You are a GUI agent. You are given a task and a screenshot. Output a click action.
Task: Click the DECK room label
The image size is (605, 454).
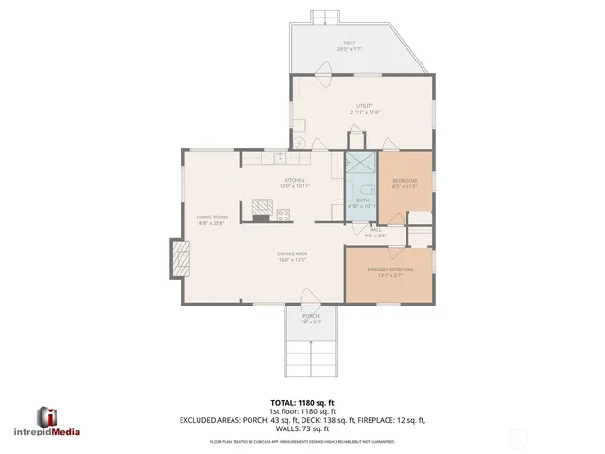(x=349, y=43)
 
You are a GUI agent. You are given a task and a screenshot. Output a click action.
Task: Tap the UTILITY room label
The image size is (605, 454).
(x=364, y=105)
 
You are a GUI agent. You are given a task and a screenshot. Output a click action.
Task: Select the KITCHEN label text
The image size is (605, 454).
(x=295, y=180)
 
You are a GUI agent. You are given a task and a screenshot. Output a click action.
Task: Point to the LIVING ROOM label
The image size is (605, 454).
(x=212, y=218)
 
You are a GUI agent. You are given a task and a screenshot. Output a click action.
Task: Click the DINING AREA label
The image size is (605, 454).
(x=292, y=253)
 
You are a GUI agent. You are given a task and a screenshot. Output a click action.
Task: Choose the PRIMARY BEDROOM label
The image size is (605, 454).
(x=389, y=270)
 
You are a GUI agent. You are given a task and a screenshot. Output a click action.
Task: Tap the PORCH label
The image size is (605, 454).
(x=310, y=315)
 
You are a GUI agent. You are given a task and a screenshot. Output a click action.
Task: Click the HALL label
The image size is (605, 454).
(x=375, y=229)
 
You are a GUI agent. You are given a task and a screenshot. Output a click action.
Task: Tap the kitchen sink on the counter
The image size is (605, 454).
(x=279, y=156)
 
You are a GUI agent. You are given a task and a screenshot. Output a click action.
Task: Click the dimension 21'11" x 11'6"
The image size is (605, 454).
(x=364, y=112)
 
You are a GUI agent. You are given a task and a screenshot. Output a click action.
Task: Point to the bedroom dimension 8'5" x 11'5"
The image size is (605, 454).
(x=405, y=186)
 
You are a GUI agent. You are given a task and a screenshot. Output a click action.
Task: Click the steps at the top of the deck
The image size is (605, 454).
(x=326, y=16)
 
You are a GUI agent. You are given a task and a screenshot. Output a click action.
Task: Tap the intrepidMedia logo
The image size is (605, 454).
(x=59, y=420)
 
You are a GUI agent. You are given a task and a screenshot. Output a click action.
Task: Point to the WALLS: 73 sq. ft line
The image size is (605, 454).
(x=302, y=428)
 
